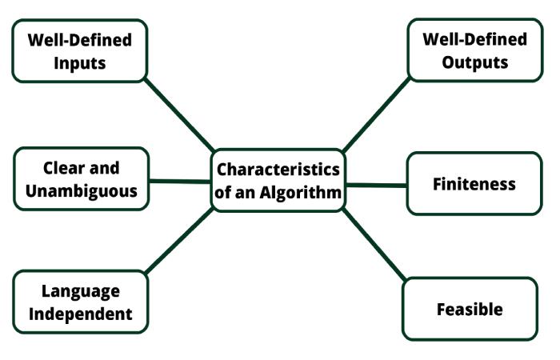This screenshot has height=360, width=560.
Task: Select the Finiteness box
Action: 474,184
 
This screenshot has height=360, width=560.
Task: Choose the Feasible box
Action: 470,309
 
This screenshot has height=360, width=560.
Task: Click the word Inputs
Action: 80,63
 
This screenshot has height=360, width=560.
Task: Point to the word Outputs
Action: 475,63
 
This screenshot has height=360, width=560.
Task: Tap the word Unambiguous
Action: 80,191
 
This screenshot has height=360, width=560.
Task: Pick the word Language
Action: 81,290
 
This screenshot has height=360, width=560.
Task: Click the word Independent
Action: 81,313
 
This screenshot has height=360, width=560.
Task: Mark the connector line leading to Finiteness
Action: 376,185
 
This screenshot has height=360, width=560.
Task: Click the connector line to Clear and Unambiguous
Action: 180,181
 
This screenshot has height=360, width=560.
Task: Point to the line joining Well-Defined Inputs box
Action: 180,114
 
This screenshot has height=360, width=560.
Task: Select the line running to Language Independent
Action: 180,240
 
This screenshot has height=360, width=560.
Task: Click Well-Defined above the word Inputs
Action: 80,39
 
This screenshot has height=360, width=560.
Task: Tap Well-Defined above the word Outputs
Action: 475,39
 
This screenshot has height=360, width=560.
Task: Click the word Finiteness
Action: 474,184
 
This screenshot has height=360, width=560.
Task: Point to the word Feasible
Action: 470,309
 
